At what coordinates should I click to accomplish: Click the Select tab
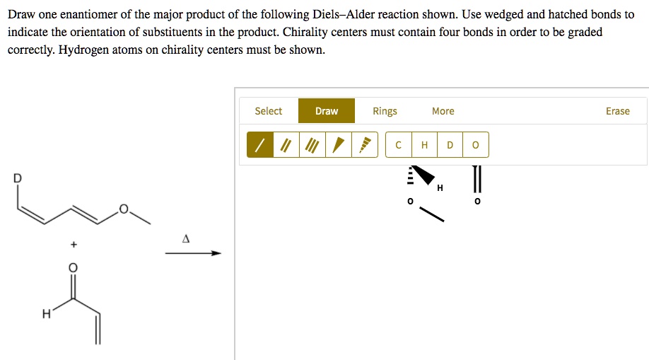[268, 111]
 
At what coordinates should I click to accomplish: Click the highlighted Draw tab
[327, 111]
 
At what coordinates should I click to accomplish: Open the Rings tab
[385, 111]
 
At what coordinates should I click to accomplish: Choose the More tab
[443, 111]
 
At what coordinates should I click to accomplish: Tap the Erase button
[618, 111]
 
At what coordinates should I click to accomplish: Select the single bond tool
[260, 145]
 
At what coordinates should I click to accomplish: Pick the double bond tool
[286, 145]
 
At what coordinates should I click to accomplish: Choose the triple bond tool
[312, 145]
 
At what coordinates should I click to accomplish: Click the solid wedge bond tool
[339, 145]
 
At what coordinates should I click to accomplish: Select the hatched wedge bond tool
[365, 145]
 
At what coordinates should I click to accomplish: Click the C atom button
[398, 145]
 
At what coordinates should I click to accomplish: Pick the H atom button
[424, 145]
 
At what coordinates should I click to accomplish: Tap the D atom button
[450, 145]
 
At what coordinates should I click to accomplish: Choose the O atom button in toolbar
[476, 145]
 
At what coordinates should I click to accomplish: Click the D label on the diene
[18, 178]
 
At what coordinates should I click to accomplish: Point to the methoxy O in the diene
[124, 209]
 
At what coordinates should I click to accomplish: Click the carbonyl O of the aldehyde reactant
[73, 267]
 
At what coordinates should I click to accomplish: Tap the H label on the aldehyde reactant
[47, 314]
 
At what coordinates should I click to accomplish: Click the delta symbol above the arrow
[186, 238]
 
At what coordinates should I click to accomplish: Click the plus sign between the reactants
[74, 245]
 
